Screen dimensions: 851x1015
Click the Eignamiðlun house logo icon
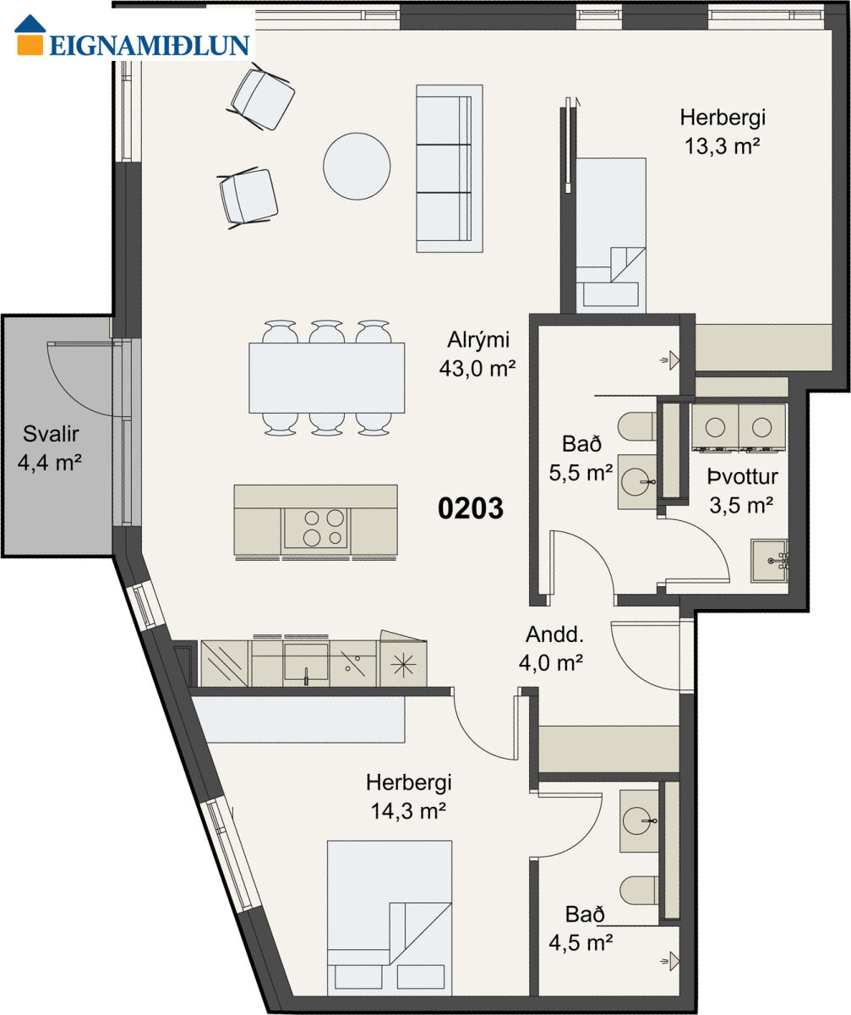[x=30, y=35]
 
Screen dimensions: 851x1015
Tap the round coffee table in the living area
[x=357, y=167]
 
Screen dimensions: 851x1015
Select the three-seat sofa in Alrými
[x=450, y=168]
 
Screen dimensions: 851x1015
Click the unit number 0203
[x=470, y=508]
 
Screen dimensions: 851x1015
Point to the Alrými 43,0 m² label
[x=477, y=354]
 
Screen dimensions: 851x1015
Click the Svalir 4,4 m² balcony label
[x=50, y=447]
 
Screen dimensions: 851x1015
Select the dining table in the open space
[x=326, y=378]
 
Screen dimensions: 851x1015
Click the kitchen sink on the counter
[x=306, y=661]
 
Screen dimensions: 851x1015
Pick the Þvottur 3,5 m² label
[x=742, y=491]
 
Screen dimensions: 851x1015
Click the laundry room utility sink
[x=769, y=561]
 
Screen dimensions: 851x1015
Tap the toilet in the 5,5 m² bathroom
[x=637, y=427]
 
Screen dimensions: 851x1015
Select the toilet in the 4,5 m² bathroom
[x=639, y=891]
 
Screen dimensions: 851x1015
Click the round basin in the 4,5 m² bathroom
[x=637, y=821]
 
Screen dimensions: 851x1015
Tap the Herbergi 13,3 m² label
[x=723, y=132]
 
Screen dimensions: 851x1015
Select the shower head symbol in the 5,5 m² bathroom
[x=671, y=360]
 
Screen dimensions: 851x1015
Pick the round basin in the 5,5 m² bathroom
[x=636, y=482]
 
